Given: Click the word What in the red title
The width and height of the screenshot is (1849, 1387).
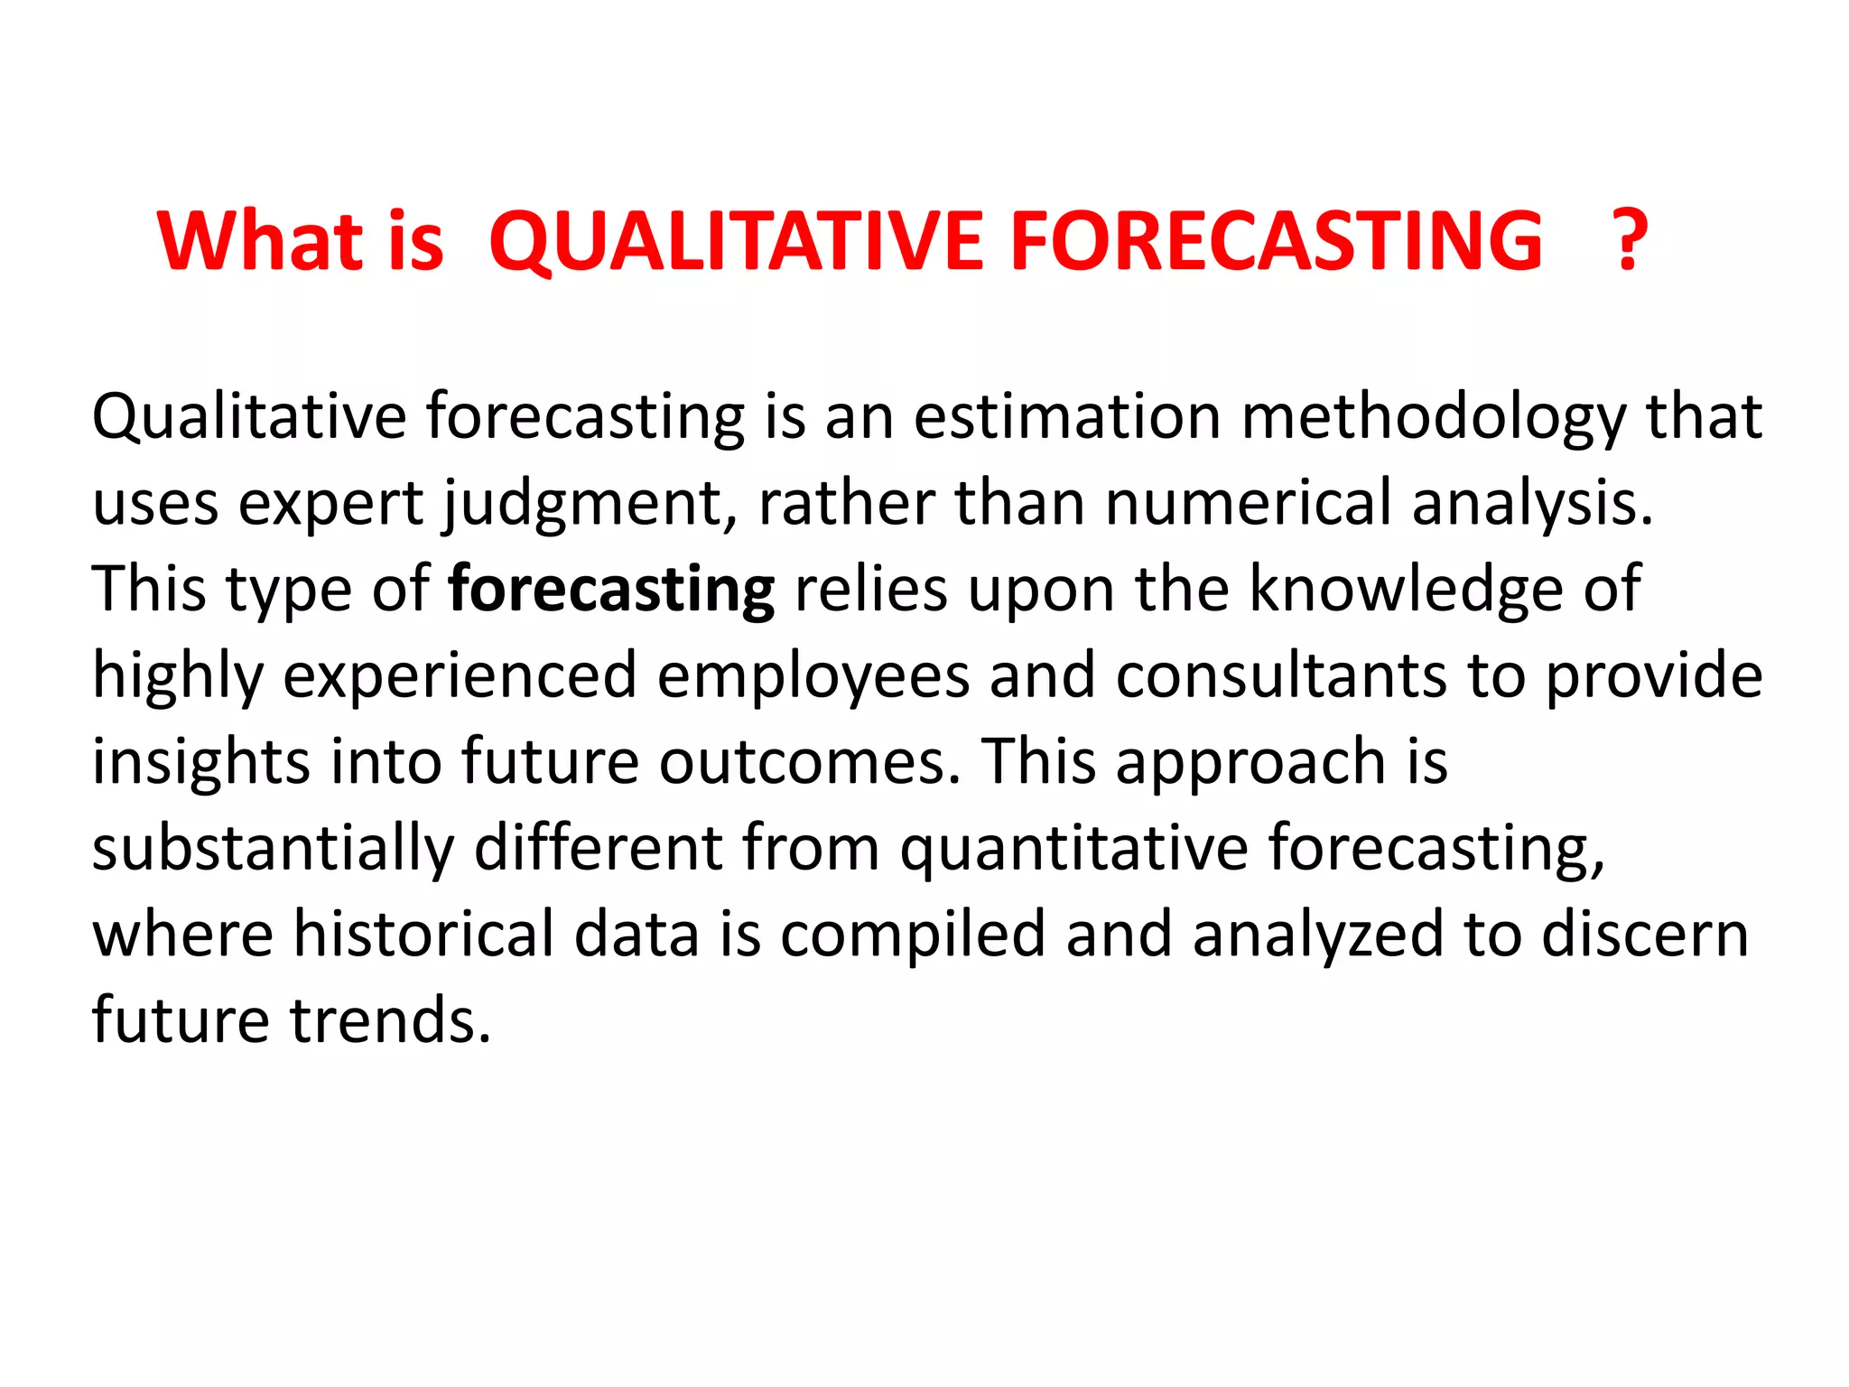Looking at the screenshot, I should [260, 240].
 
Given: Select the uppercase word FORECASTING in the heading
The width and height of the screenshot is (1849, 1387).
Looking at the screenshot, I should [1277, 240].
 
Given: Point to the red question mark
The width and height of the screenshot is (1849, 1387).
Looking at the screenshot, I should [1629, 240].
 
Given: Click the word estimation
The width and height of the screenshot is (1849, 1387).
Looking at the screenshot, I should [1066, 417].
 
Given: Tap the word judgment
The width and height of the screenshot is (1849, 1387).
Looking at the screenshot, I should [596, 504].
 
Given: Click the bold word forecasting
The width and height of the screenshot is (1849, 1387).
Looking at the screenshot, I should [611, 590].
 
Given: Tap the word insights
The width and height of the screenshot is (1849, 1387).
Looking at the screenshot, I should [200, 762].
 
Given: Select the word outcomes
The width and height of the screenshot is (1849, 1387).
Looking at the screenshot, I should [809, 762].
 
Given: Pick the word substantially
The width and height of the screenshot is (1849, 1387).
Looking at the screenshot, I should [273, 849].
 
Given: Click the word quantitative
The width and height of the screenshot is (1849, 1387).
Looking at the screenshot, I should [1074, 849].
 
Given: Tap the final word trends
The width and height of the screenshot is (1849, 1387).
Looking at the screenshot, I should [390, 1020].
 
